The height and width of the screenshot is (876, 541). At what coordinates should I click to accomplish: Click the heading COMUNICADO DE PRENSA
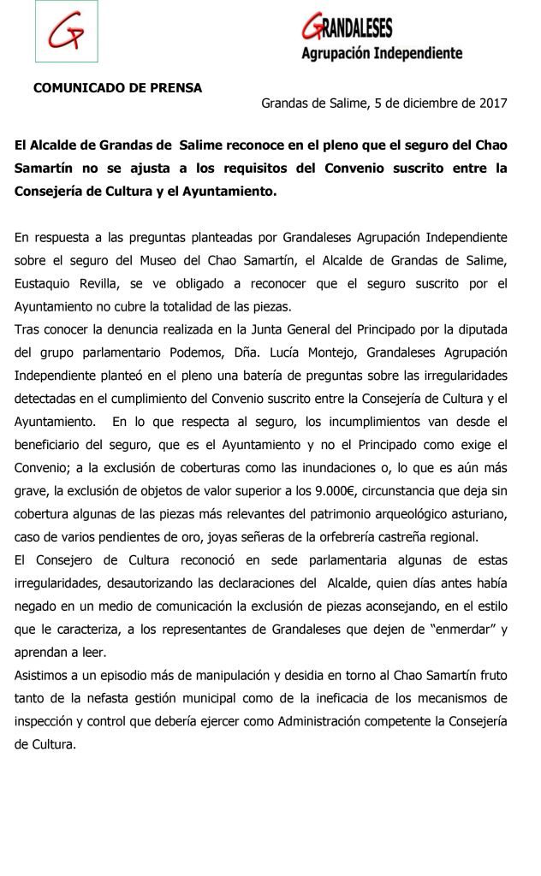117,87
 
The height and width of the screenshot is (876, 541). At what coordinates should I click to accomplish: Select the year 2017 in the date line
491,104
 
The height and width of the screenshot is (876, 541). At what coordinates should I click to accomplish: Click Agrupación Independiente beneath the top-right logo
382,53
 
